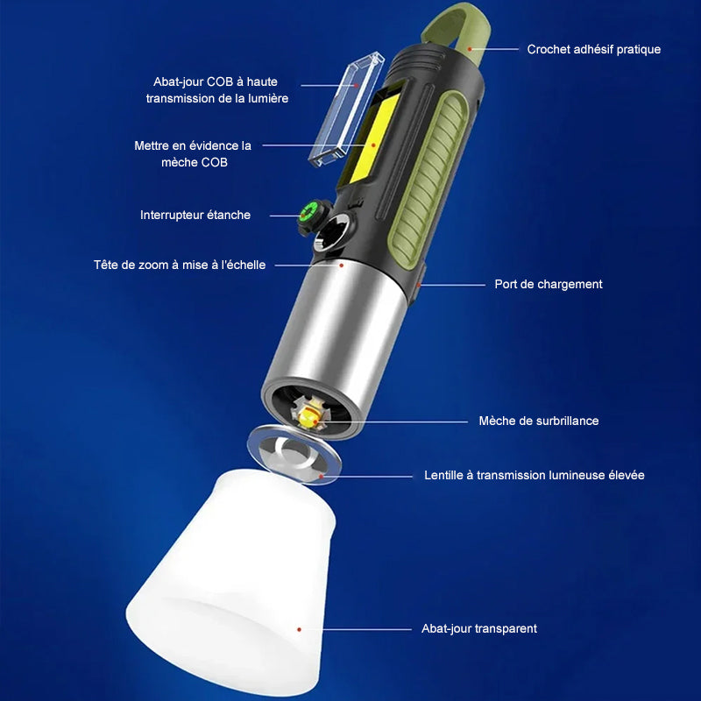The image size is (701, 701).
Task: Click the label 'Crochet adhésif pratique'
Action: pyautogui.click(x=593, y=50)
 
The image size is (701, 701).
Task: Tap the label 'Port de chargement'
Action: pyautogui.click(x=548, y=284)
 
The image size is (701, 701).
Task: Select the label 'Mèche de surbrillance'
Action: pyautogui.click(x=538, y=421)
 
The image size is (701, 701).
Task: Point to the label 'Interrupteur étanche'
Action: pyautogui.click(x=195, y=215)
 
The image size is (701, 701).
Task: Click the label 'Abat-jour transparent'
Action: pyautogui.click(x=478, y=628)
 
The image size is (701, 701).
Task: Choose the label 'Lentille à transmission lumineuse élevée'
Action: pyautogui.click(x=534, y=475)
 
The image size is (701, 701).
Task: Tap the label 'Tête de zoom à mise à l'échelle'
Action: pyautogui.click(x=180, y=265)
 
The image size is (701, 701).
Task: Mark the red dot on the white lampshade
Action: pyautogui.click(x=299, y=628)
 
